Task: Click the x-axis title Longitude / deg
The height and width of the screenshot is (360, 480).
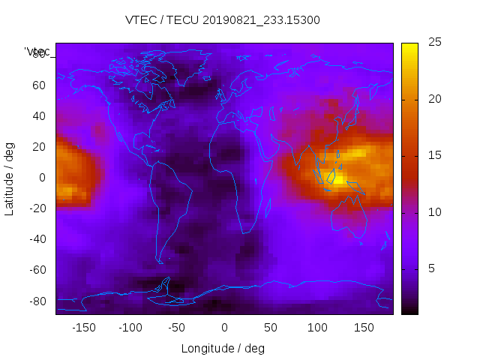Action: [x=223, y=348]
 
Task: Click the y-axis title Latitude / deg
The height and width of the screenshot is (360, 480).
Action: [x=10, y=178]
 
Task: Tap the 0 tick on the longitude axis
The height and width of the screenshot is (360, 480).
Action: [x=223, y=328]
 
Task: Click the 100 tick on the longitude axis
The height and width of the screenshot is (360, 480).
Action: [x=316, y=328]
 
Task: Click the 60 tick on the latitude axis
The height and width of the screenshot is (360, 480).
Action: [x=39, y=85]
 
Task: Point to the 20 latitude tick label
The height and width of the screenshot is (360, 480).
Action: [x=39, y=147]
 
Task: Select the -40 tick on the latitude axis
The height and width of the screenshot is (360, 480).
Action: [x=36, y=239]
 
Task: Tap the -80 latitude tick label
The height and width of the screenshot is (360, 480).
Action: [x=36, y=301]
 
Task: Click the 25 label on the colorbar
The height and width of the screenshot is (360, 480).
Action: [x=434, y=43]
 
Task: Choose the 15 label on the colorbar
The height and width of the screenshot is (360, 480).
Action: [x=434, y=156]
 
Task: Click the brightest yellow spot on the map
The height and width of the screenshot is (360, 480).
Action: [x=339, y=178]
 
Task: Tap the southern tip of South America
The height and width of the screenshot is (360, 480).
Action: [x=160, y=262]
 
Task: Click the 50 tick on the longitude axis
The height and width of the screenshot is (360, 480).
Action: [x=270, y=328]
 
